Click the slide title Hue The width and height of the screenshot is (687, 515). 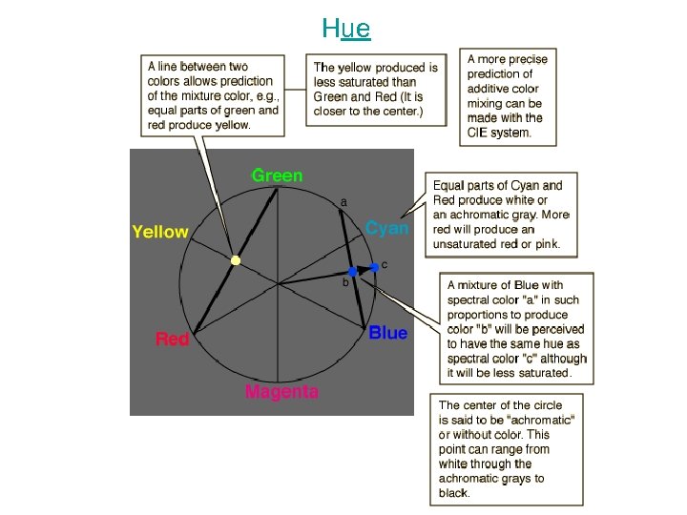click(x=345, y=28)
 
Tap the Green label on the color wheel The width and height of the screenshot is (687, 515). click(x=277, y=175)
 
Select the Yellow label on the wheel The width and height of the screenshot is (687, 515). click(x=160, y=232)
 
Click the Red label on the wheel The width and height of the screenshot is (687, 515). click(x=172, y=339)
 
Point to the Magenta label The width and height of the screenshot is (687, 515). click(x=281, y=391)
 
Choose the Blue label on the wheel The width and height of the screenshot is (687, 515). click(x=387, y=333)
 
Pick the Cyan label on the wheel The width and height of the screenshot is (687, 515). click(x=387, y=228)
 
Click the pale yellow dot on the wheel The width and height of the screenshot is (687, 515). click(x=236, y=259)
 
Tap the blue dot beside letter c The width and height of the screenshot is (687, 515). click(x=374, y=268)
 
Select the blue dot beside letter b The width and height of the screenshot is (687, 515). click(x=352, y=272)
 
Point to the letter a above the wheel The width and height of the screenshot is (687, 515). click(x=343, y=202)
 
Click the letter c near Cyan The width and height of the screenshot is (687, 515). click(x=384, y=263)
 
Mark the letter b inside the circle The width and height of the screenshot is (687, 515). click(x=345, y=282)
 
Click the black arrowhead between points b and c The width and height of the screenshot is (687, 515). click(x=364, y=270)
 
